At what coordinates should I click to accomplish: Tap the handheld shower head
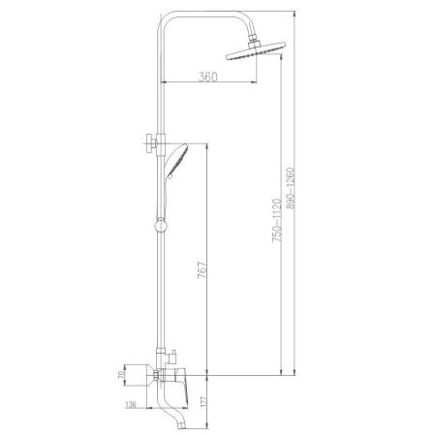coord(179,160)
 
